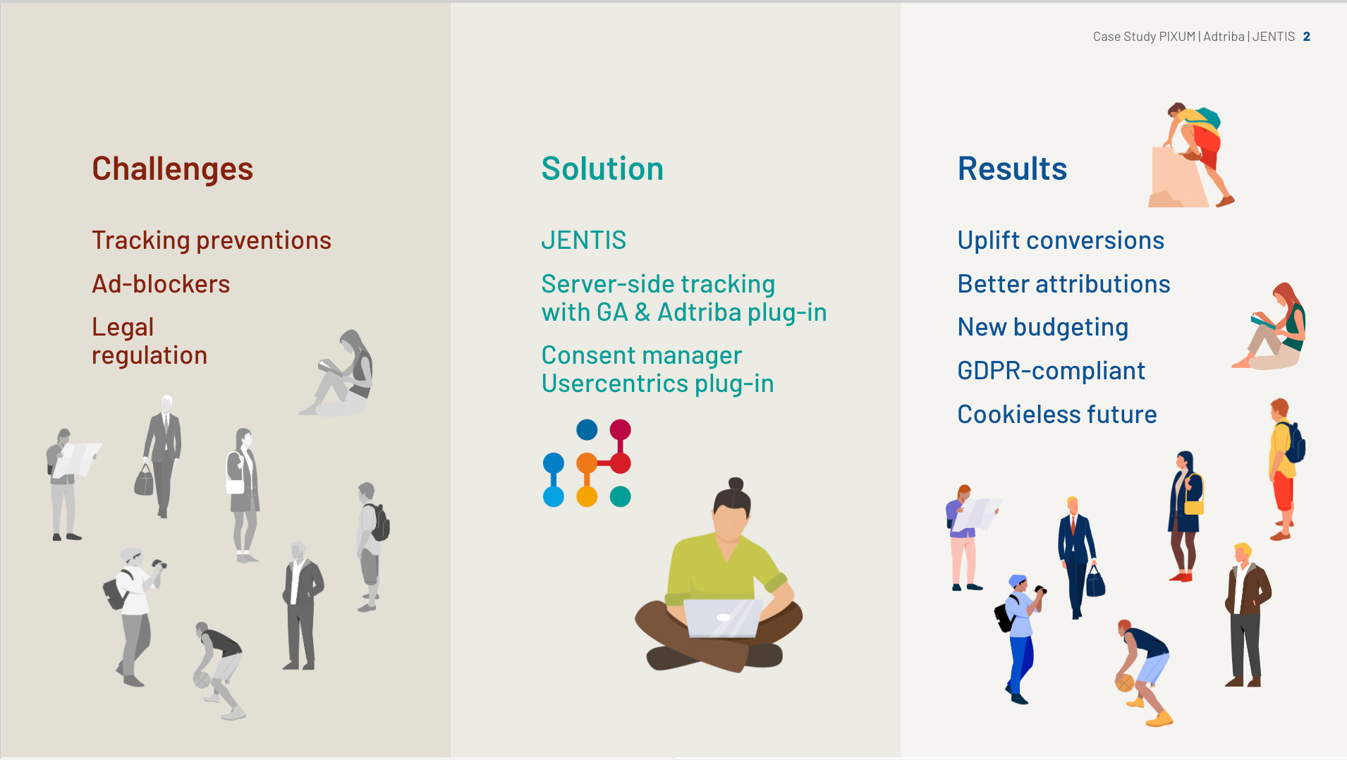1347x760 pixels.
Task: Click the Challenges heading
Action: [x=172, y=169]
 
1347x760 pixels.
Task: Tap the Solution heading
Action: [x=602, y=168]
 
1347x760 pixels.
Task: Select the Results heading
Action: [x=1012, y=168]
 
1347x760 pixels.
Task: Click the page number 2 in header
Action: [x=1307, y=37]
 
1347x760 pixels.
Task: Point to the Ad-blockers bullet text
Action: [x=161, y=284]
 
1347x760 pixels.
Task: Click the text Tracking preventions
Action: [x=212, y=240]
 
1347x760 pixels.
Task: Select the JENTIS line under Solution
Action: [x=584, y=240]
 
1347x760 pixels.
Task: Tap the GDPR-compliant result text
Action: [x=1051, y=371]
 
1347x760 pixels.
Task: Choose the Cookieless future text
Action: [x=1057, y=415]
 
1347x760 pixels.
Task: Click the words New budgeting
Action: [x=1043, y=328]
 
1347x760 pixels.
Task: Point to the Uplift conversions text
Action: [x=1061, y=240]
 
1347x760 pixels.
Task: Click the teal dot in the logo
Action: [x=620, y=496]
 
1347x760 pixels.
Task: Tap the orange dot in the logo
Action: [x=587, y=463]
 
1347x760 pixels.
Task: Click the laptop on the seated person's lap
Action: [x=722, y=618]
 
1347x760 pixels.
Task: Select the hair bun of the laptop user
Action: [x=736, y=484]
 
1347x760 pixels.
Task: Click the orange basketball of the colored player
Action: [x=1124, y=682]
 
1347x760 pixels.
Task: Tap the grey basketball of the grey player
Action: [x=202, y=680]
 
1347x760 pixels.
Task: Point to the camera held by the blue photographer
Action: [x=1040, y=590]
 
